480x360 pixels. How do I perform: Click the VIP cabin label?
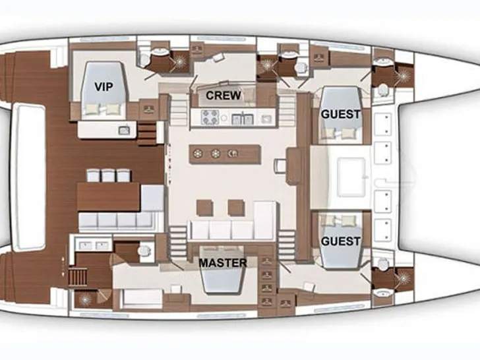click(104, 86)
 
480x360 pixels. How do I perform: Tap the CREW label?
click(224, 96)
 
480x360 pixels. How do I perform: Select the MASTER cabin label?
click(223, 263)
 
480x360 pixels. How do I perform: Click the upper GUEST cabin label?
click(340, 114)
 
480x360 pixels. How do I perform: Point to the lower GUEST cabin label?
click(340, 241)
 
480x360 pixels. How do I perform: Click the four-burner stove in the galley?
click(210, 117)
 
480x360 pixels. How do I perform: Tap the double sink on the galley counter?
click(241, 119)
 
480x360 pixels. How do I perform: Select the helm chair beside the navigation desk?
click(280, 166)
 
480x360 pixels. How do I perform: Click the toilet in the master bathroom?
click(144, 251)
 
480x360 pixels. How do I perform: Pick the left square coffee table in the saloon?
click(205, 208)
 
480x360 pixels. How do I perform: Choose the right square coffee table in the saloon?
click(236, 208)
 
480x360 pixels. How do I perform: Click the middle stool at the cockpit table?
click(109, 175)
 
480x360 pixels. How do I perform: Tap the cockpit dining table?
click(108, 197)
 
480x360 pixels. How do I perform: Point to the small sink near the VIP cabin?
click(124, 131)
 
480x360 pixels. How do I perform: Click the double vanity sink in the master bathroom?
click(94, 245)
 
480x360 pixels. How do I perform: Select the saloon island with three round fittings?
click(225, 154)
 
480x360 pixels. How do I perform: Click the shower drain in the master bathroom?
click(84, 299)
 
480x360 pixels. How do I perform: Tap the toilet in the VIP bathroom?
click(142, 59)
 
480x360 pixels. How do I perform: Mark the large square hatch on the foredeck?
click(351, 177)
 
